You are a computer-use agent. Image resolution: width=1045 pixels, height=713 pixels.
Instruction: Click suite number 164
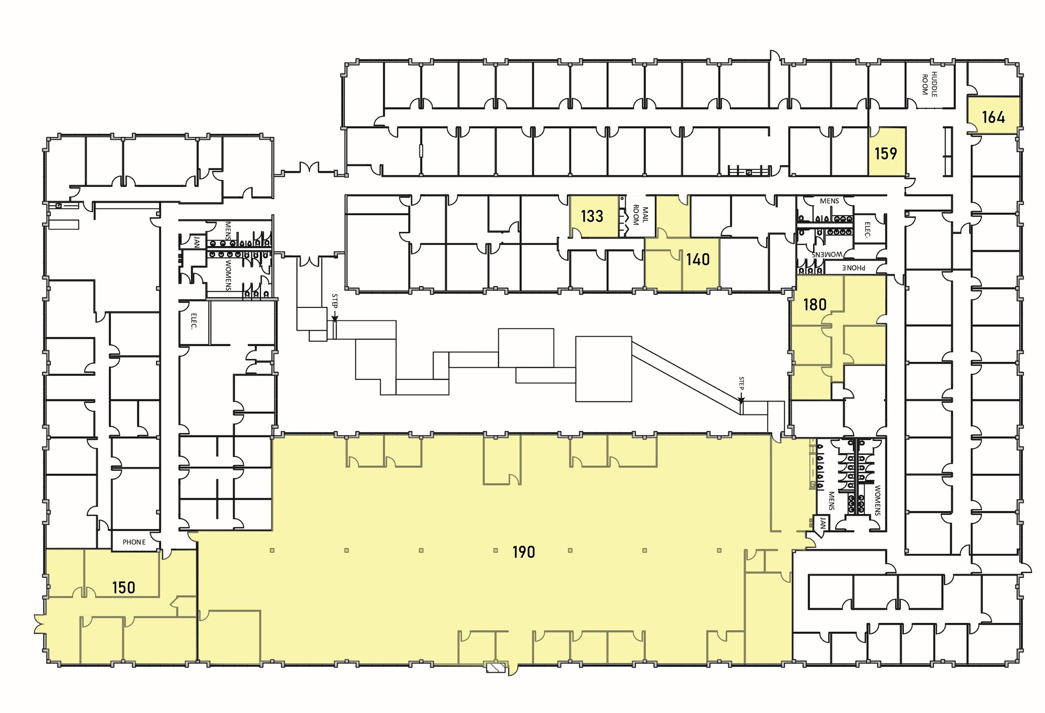click(x=993, y=117)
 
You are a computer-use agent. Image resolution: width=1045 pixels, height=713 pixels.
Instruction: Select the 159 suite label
click(x=885, y=153)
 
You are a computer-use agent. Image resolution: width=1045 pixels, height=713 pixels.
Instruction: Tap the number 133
click(x=592, y=216)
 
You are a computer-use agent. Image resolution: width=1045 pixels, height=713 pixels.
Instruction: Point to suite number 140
click(x=698, y=259)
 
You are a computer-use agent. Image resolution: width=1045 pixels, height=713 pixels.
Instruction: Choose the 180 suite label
click(x=815, y=304)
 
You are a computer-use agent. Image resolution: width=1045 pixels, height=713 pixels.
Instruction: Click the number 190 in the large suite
click(x=523, y=552)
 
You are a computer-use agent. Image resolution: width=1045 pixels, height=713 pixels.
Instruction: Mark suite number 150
click(x=124, y=587)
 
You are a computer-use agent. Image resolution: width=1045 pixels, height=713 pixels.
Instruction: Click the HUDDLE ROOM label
click(x=929, y=84)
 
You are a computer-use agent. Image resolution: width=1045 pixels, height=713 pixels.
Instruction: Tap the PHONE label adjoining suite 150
click(x=134, y=542)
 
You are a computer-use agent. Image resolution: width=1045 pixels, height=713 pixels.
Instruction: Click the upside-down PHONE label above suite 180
click(x=854, y=267)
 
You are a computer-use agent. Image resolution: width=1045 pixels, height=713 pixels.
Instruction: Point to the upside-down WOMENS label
click(x=827, y=254)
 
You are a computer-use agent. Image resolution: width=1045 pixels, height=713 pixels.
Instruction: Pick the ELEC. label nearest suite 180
click(x=867, y=230)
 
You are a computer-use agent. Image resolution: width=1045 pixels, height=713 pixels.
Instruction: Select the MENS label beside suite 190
click(x=831, y=501)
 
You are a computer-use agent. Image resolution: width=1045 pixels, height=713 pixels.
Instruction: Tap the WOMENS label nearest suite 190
click(x=877, y=500)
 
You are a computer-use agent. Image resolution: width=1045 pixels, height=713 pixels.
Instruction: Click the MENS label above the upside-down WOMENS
click(x=829, y=201)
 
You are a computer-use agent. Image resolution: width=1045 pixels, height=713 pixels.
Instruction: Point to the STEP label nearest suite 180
click(x=741, y=384)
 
